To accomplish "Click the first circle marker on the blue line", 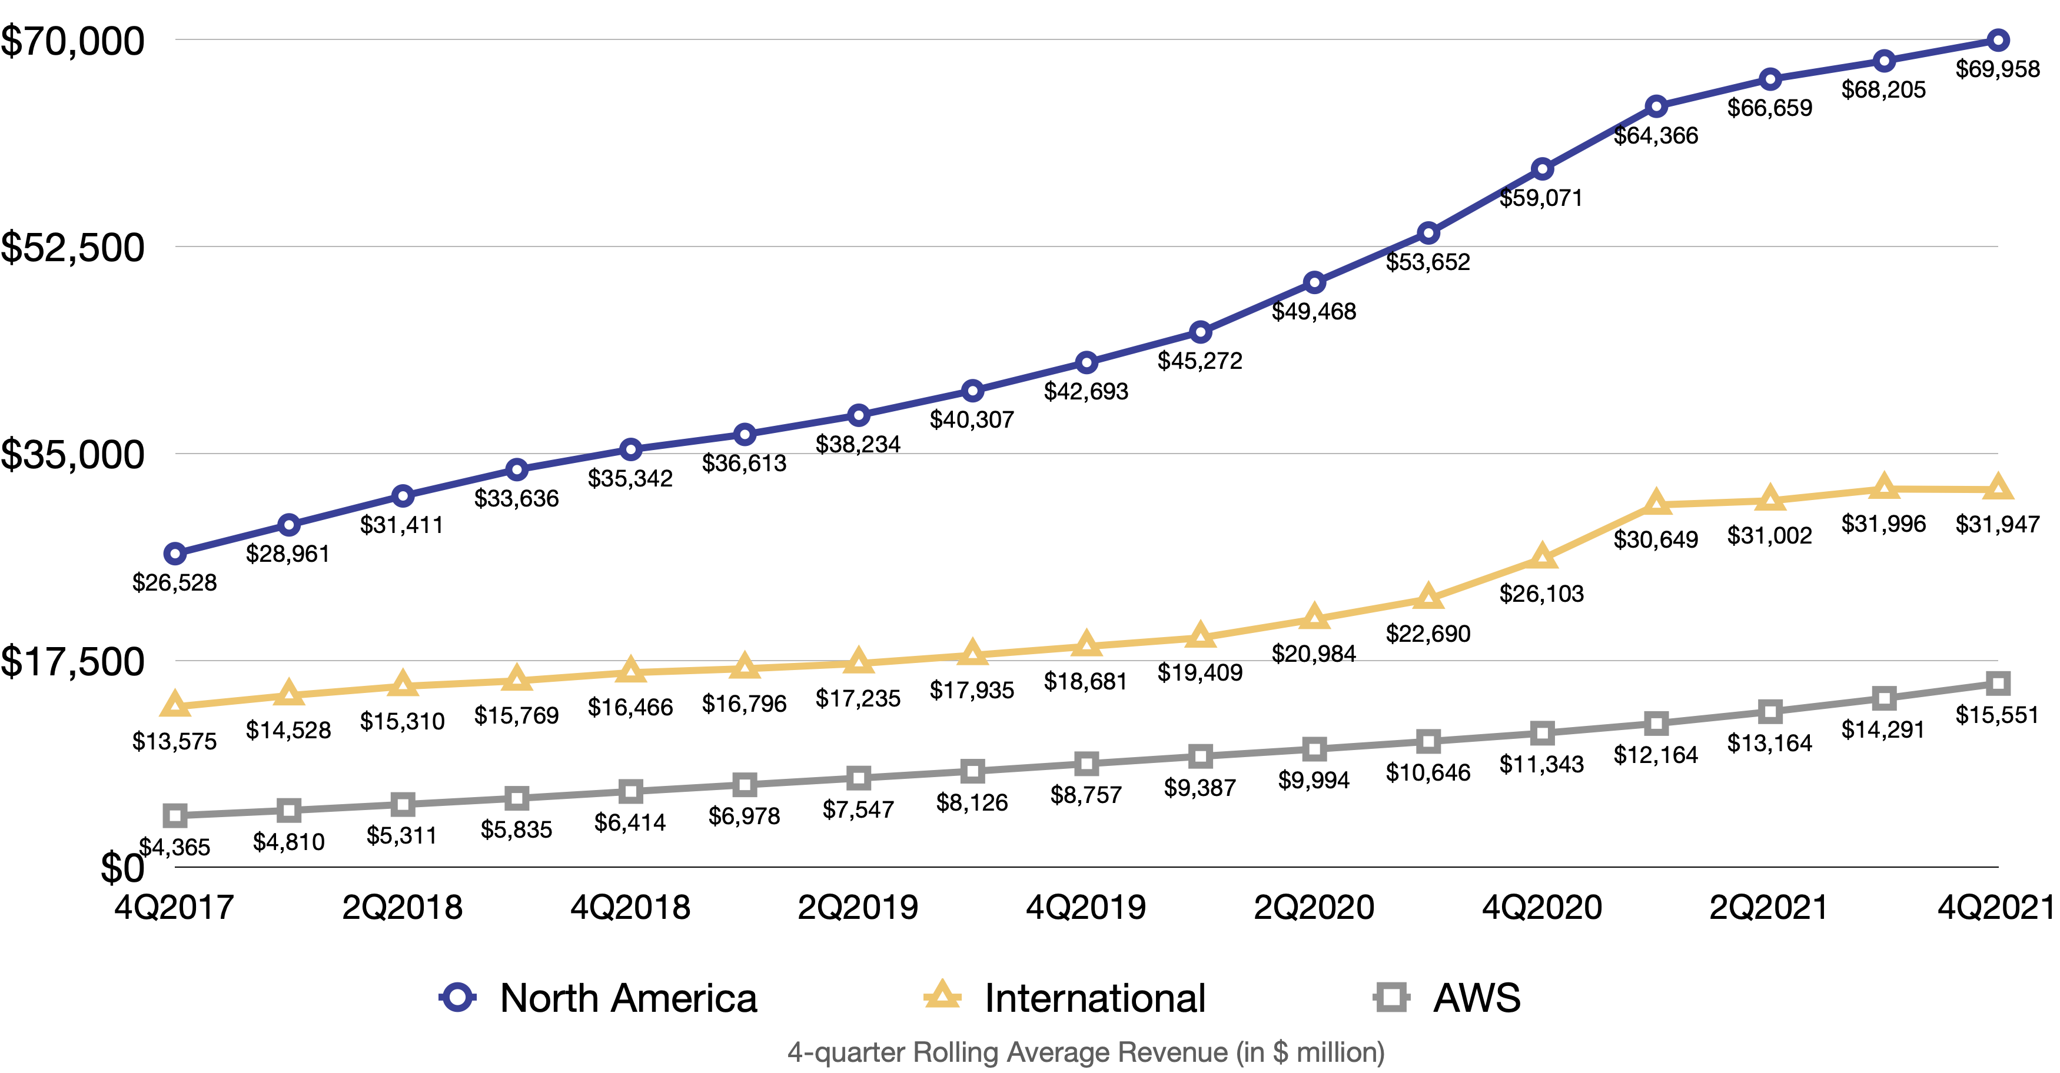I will [175, 554].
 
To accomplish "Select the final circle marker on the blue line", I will [1998, 40].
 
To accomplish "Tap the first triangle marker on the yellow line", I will [175, 704].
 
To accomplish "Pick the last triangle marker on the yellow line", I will [1998, 486].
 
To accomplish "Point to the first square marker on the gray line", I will [175, 815].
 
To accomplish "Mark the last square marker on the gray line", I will [1998, 683].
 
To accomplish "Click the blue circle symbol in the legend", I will [457, 997].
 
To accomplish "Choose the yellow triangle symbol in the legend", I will [942, 995].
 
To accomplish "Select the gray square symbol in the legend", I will [1391, 997].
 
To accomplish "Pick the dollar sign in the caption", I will [1280, 1052].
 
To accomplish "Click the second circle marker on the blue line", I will [288, 525].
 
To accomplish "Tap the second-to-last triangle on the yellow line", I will [1884, 486].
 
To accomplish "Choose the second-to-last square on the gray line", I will [1884, 698].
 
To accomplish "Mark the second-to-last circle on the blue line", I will [1884, 61].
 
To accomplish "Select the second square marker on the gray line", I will [288, 810].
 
